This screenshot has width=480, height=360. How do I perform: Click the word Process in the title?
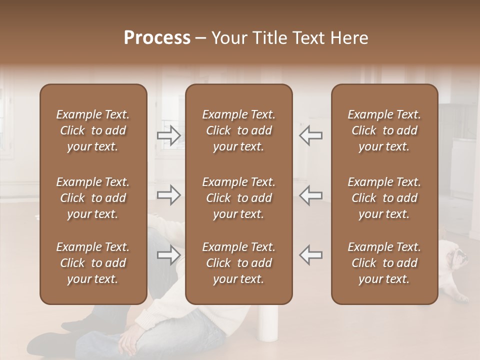(x=157, y=38)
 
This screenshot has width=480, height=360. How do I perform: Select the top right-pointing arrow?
(x=168, y=135)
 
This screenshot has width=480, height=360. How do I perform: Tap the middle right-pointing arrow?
(x=168, y=195)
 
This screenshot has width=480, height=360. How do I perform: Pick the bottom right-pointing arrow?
(x=168, y=255)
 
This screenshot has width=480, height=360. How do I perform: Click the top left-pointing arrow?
(x=311, y=135)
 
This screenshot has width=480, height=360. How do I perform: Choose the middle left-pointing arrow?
(x=311, y=195)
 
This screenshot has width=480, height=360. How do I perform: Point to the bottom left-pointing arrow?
(x=311, y=255)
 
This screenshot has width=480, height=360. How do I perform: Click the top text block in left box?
(x=93, y=130)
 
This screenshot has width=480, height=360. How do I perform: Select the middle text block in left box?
(x=93, y=198)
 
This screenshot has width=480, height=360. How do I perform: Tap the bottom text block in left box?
(x=93, y=263)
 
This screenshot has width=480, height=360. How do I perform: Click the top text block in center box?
(x=238, y=130)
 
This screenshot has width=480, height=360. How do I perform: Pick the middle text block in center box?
(x=238, y=198)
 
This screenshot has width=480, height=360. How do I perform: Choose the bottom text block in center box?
(x=238, y=263)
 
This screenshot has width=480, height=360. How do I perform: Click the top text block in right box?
(x=384, y=130)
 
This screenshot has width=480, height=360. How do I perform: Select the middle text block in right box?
(x=384, y=198)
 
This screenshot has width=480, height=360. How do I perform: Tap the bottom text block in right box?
(x=384, y=263)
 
